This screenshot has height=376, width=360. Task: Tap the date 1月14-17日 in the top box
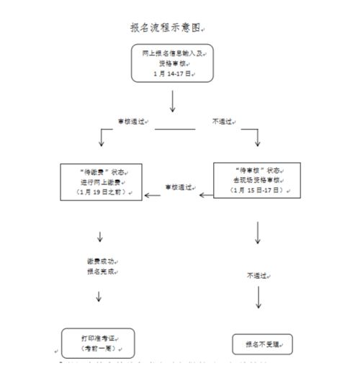(x=171, y=73)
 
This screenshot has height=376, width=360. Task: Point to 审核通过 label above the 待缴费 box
(x=132, y=122)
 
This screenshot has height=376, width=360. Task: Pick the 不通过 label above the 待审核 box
(x=222, y=122)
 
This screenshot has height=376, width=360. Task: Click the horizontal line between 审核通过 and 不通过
(x=175, y=130)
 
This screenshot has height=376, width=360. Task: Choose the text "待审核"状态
(x=254, y=169)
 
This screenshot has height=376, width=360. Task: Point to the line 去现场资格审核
(x=254, y=179)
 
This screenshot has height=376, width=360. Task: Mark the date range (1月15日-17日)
(x=254, y=190)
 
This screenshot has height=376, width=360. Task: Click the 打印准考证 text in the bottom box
(x=98, y=338)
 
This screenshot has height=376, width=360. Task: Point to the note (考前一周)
(x=98, y=349)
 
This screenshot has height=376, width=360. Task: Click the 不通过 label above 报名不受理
(x=258, y=275)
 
